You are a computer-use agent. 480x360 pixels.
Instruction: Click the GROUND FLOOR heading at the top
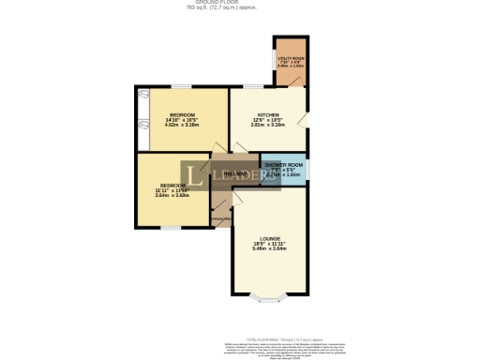[240, 3]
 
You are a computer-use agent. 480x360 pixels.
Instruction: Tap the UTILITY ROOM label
[290, 58]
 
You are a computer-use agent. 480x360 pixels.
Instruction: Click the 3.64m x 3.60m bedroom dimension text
[172, 195]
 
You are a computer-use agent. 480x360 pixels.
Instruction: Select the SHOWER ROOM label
[283, 164]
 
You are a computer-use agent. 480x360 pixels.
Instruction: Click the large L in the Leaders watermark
[192, 174]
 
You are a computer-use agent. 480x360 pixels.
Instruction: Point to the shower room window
[307, 169]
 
